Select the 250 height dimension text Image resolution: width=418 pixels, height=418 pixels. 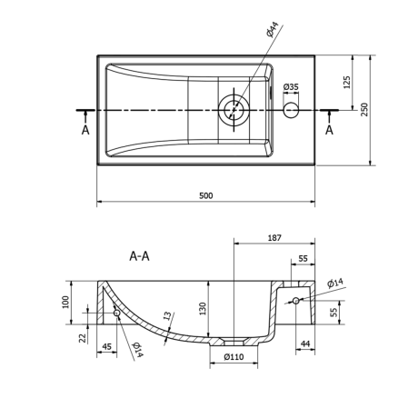[x=365, y=109]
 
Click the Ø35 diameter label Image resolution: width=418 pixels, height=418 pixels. [x=291, y=87]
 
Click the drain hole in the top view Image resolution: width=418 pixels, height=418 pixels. [x=234, y=110]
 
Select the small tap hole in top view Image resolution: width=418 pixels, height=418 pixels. [x=292, y=110]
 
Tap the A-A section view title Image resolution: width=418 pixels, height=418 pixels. [x=139, y=256]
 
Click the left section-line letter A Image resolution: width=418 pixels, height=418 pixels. [x=85, y=130]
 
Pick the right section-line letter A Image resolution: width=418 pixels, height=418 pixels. [x=329, y=130]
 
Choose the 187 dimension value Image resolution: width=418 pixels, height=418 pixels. [x=274, y=238]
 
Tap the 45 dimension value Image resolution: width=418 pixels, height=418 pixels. [x=107, y=346]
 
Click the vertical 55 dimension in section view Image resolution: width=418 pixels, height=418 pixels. [x=333, y=312]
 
